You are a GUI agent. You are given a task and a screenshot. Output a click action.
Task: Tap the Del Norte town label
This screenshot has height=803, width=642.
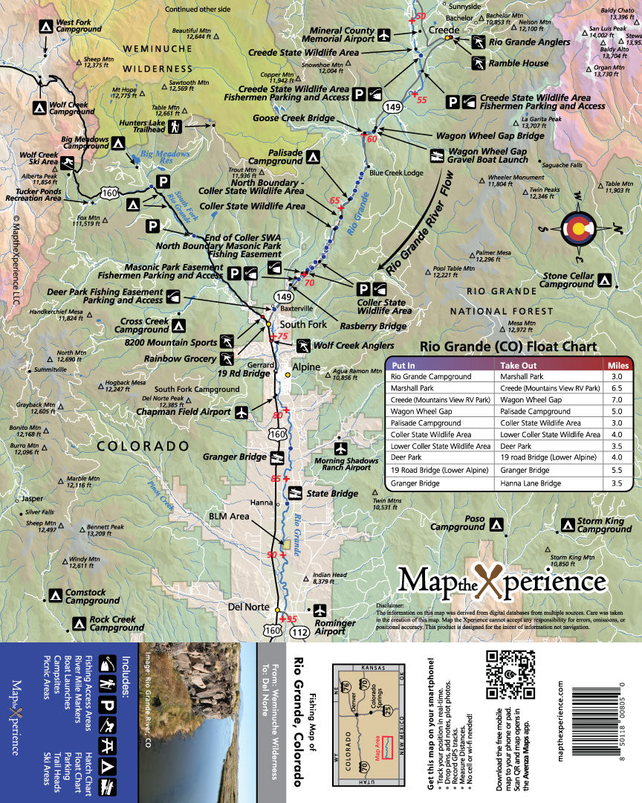(248, 607)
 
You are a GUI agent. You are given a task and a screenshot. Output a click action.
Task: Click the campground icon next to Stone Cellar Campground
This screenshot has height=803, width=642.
(606, 280)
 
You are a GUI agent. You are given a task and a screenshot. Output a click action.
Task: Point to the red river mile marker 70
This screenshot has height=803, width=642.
(308, 283)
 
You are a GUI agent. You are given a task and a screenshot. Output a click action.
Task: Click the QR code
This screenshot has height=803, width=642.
(510, 674)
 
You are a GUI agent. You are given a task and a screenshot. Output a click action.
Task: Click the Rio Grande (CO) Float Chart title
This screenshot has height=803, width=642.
(508, 346)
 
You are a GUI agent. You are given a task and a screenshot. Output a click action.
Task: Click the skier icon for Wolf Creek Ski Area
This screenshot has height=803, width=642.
(68, 163)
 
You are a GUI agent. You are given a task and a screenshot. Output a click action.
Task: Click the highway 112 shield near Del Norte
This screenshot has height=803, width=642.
(299, 632)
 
